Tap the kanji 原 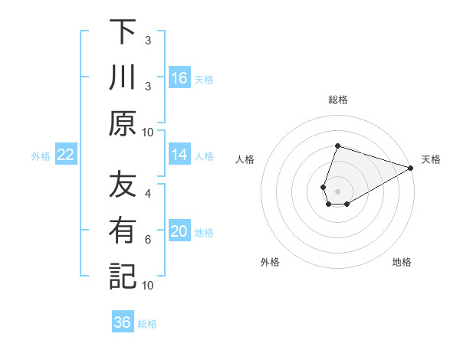point(122,123)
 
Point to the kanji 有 point(122,231)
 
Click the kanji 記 point(122,276)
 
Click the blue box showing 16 point(179,78)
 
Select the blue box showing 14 point(179,155)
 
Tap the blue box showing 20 point(179,232)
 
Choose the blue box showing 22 point(66,155)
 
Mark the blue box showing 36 point(123,322)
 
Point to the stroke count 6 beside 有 point(148,239)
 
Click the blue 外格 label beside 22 point(41,156)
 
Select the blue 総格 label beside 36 point(147,324)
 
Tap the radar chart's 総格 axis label point(337,100)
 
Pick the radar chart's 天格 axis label point(431,159)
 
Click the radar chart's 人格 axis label point(245,159)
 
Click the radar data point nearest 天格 point(411,168)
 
